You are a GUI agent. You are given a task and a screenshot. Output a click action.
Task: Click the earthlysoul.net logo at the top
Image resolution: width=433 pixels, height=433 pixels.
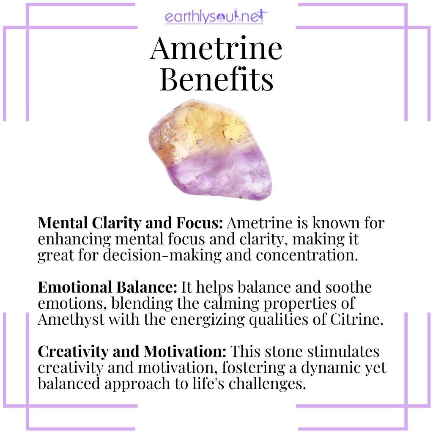click(x=216, y=18)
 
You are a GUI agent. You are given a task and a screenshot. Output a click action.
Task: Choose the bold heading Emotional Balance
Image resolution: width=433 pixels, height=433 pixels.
click(x=107, y=288)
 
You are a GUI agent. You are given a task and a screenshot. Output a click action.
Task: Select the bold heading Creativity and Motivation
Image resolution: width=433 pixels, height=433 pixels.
click(x=133, y=352)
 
